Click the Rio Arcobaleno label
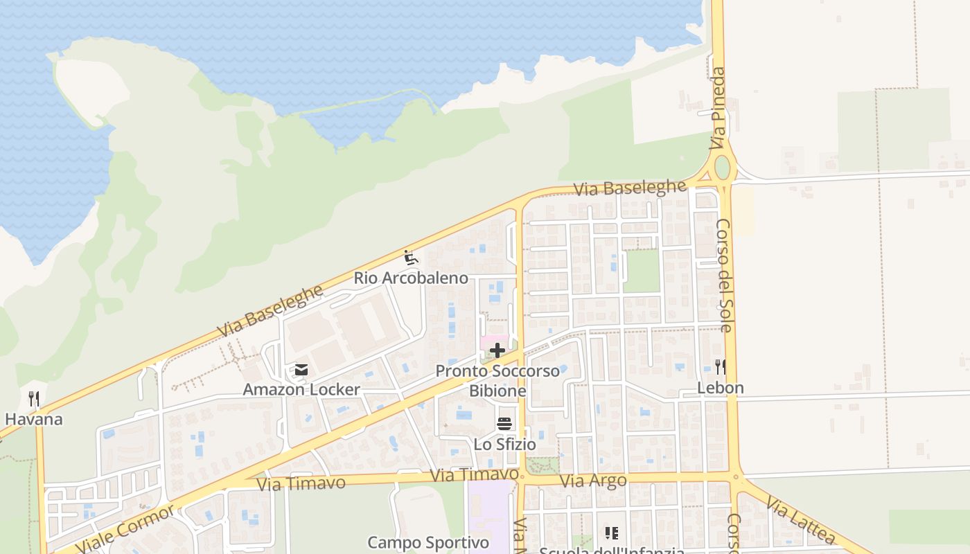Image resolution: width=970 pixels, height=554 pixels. (x=411, y=278)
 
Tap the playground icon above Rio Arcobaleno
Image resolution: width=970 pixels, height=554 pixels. (x=411, y=258)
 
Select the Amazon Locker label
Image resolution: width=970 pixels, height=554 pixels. (x=301, y=390)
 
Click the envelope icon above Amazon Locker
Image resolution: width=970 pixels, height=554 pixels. (x=301, y=370)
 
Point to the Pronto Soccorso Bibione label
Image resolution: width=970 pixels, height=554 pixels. (x=497, y=381)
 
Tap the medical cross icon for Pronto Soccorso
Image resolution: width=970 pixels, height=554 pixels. (x=497, y=350)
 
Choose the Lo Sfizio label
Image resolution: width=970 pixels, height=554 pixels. (x=504, y=444)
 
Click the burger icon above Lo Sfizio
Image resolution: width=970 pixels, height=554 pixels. (x=504, y=424)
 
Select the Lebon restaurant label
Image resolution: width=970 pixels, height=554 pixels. (x=720, y=388)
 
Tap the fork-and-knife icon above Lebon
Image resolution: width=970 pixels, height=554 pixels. (x=721, y=367)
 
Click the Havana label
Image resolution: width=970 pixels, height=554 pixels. (x=33, y=419)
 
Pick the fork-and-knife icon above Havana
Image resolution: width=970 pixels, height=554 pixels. (x=33, y=399)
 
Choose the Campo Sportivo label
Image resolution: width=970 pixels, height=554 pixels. (x=428, y=542)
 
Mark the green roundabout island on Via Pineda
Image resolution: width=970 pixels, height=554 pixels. (x=722, y=168)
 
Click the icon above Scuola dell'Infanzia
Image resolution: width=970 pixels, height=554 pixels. (x=611, y=533)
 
